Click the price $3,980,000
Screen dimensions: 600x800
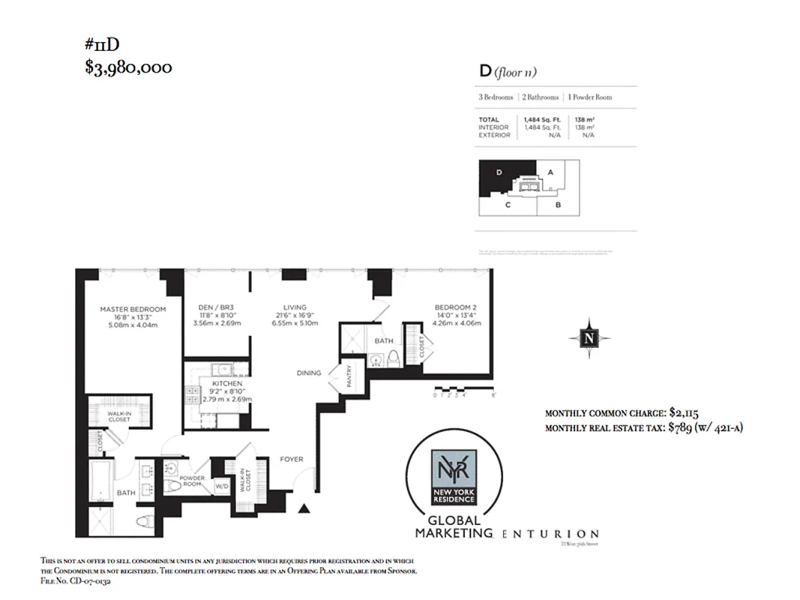click(128, 67)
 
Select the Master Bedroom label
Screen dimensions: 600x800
click(133, 309)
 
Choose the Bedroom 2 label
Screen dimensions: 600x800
click(456, 307)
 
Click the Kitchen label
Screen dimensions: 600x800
click(226, 383)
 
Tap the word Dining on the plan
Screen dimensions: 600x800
click(309, 373)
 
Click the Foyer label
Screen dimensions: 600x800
click(292, 459)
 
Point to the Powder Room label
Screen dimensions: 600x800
click(193, 480)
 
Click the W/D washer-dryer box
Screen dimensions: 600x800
click(222, 486)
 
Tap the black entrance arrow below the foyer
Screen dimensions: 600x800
click(304, 510)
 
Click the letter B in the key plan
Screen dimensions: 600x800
click(559, 204)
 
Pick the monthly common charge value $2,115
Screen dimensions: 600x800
click(682, 413)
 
